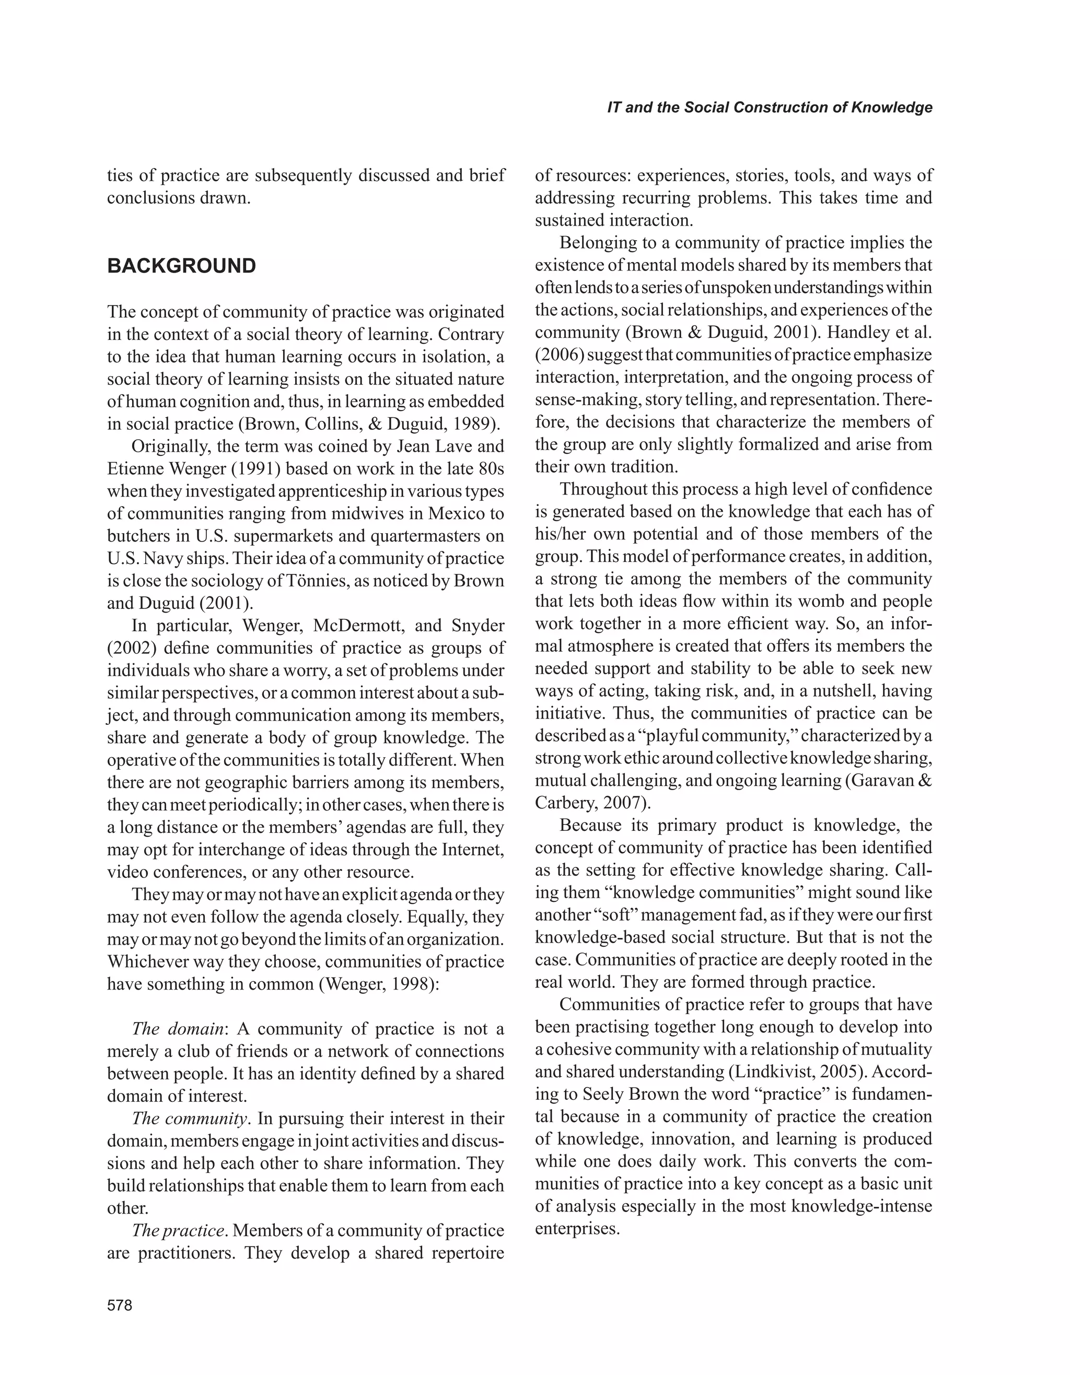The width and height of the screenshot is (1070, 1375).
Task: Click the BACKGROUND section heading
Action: coord(181,266)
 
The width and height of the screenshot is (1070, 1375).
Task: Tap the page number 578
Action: coord(120,1305)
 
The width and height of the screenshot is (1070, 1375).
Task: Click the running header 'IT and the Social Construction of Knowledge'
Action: coord(769,107)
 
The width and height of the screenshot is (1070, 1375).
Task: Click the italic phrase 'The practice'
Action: coord(178,1231)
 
